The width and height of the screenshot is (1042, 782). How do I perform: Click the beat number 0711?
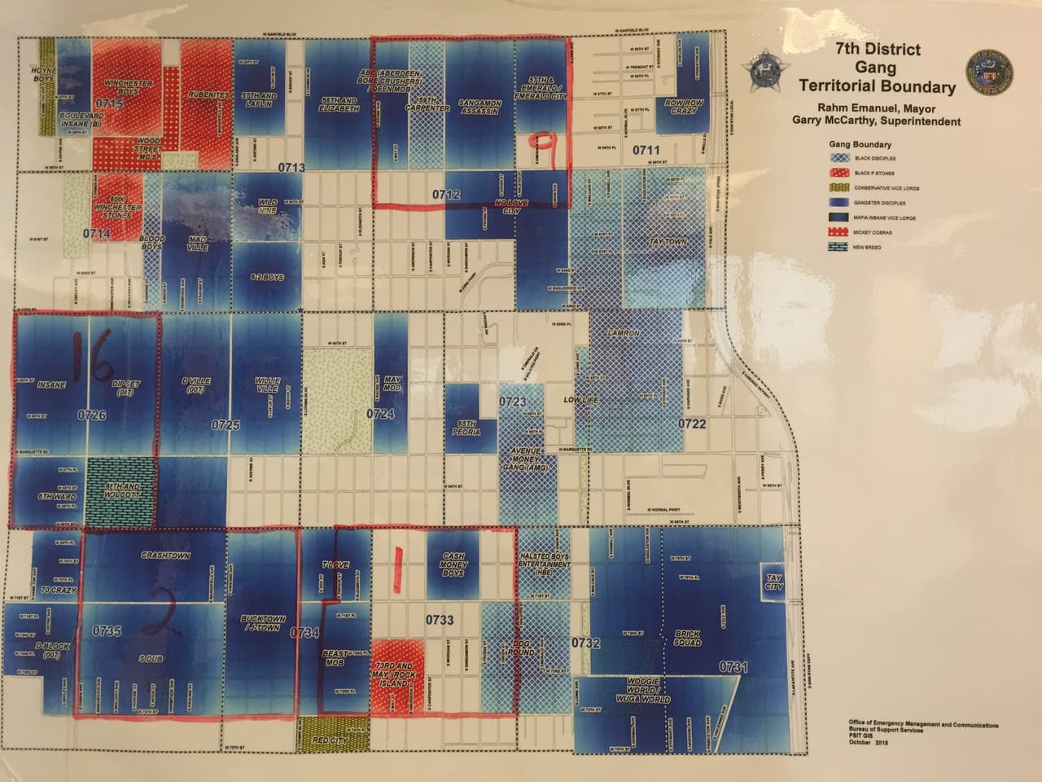coord(646,150)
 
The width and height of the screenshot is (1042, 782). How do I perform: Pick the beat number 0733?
coord(440,621)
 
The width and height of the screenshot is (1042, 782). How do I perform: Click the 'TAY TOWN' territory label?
coord(669,242)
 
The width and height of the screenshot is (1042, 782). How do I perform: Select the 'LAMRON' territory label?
coord(624,334)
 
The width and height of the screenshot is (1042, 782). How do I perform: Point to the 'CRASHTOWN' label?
coord(165,556)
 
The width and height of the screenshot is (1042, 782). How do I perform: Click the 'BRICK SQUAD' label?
coord(688,638)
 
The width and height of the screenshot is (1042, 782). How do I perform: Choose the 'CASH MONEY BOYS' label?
coord(453,564)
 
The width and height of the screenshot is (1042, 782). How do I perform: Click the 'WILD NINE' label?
coord(268,206)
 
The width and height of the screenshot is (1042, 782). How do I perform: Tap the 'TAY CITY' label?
coord(773,582)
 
